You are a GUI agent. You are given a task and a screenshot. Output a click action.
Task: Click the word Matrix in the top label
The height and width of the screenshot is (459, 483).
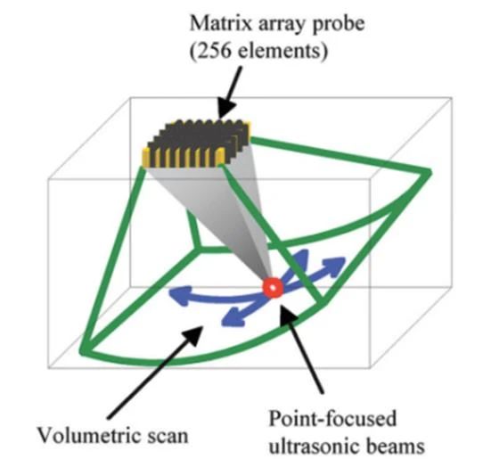tap(220, 23)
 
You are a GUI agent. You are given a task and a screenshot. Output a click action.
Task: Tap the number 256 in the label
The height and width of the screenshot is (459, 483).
tap(213, 51)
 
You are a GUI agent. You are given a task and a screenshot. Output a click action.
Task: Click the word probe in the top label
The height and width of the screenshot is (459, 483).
tap(339, 25)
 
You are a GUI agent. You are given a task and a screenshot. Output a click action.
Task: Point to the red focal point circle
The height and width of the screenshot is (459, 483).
tap(273, 288)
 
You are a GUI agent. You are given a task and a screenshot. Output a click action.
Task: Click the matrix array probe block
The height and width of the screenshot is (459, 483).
tap(197, 143)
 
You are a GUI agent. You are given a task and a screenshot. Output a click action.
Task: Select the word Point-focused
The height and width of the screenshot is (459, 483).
tap(332, 418)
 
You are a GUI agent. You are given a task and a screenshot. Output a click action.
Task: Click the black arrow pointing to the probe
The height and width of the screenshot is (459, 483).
tap(229, 93)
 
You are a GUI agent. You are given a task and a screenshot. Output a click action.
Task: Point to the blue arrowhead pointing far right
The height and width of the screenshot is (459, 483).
tap(334, 266)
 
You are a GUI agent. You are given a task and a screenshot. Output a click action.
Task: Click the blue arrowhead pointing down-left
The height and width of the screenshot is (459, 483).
tap(233, 317)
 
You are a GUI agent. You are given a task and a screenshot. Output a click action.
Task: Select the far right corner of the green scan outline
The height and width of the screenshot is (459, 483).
tap(428, 173)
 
